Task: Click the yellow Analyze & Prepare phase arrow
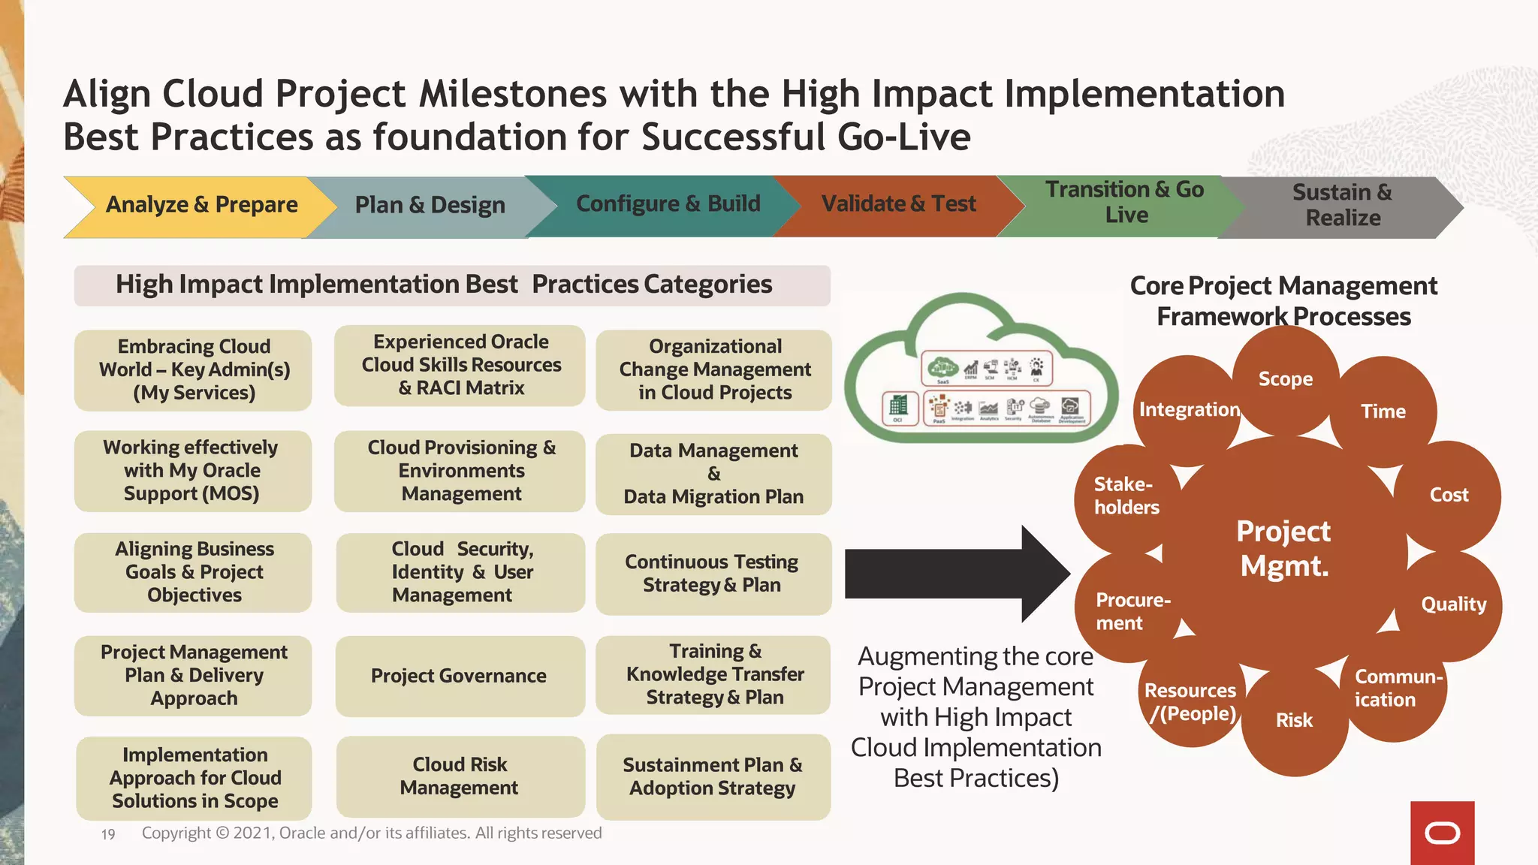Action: click(201, 206)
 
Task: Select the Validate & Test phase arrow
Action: click(898, 204)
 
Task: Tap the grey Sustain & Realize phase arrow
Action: click(1341, 206)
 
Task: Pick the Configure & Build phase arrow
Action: click(667, 204)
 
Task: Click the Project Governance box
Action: click(459, 676)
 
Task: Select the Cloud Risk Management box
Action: click(459, 776)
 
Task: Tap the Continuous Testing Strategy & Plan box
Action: click(712, 574)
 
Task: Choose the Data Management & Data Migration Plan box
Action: click(713, 474)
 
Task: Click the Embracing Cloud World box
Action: click(193, 369)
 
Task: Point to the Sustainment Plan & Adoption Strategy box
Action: click(712, 776)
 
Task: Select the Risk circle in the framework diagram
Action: click(1294, 721)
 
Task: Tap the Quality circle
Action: click(1453, 604)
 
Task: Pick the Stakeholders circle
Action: click(1125, 496)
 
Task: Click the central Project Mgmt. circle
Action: click(1283, 549)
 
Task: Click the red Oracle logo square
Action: click(1442, 833)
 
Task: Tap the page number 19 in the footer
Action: click(108, 834)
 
